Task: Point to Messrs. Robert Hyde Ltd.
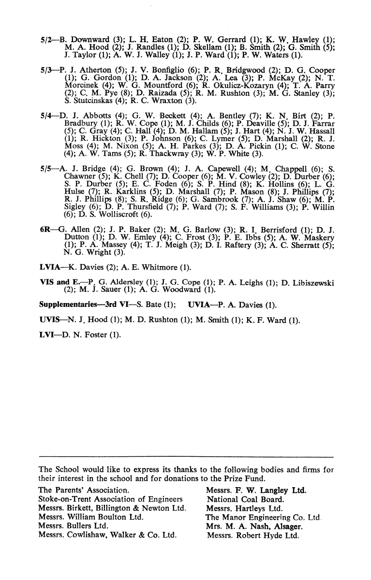point(253,535)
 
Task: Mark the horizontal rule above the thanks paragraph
point(186,457)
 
